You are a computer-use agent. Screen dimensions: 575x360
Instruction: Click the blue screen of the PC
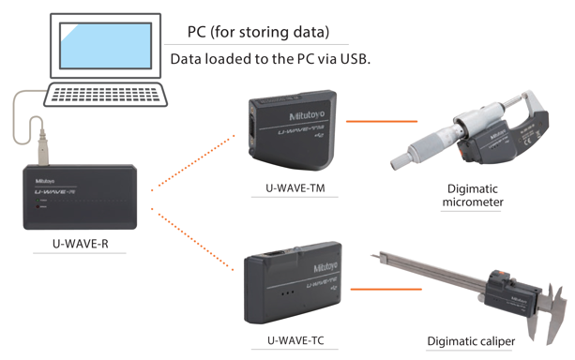click(x=106, y=46)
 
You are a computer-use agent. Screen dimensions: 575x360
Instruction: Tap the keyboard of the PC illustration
click(x=106, y=95)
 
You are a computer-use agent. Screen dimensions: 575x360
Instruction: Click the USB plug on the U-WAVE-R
click(x=44, y=148)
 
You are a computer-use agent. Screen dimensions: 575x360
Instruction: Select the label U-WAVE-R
click(x=81, y=244)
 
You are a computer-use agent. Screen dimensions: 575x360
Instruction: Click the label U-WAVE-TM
click(x=295, y=188)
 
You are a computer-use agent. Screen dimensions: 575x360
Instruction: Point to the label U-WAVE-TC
click(x=295, y=340)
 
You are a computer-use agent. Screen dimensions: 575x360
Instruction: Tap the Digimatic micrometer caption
click(x=473, y=195)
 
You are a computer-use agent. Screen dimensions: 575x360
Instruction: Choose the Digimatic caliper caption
click(x=471, y=341)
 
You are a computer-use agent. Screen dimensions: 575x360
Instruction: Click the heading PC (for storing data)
click(x=258, y=32)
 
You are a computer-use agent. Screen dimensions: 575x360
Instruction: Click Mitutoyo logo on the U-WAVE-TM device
click(x=307, y=115)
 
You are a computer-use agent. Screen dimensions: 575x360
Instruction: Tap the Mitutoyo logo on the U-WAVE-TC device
click(x=325, y=267)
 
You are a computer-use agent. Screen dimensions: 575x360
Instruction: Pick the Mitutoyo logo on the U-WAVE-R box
click(x=45, y=181)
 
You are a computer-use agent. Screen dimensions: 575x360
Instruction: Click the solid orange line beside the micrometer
click(x=382, y=121)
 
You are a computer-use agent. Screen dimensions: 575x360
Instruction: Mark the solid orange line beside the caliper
click(x=386, y=290)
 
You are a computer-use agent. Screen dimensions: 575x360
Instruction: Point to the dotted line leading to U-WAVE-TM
click(x=193, y=163)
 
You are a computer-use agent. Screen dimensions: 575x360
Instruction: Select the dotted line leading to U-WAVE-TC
click(x=192, y=239)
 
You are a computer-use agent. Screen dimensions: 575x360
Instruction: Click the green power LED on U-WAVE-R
click(x=38, y=201)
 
